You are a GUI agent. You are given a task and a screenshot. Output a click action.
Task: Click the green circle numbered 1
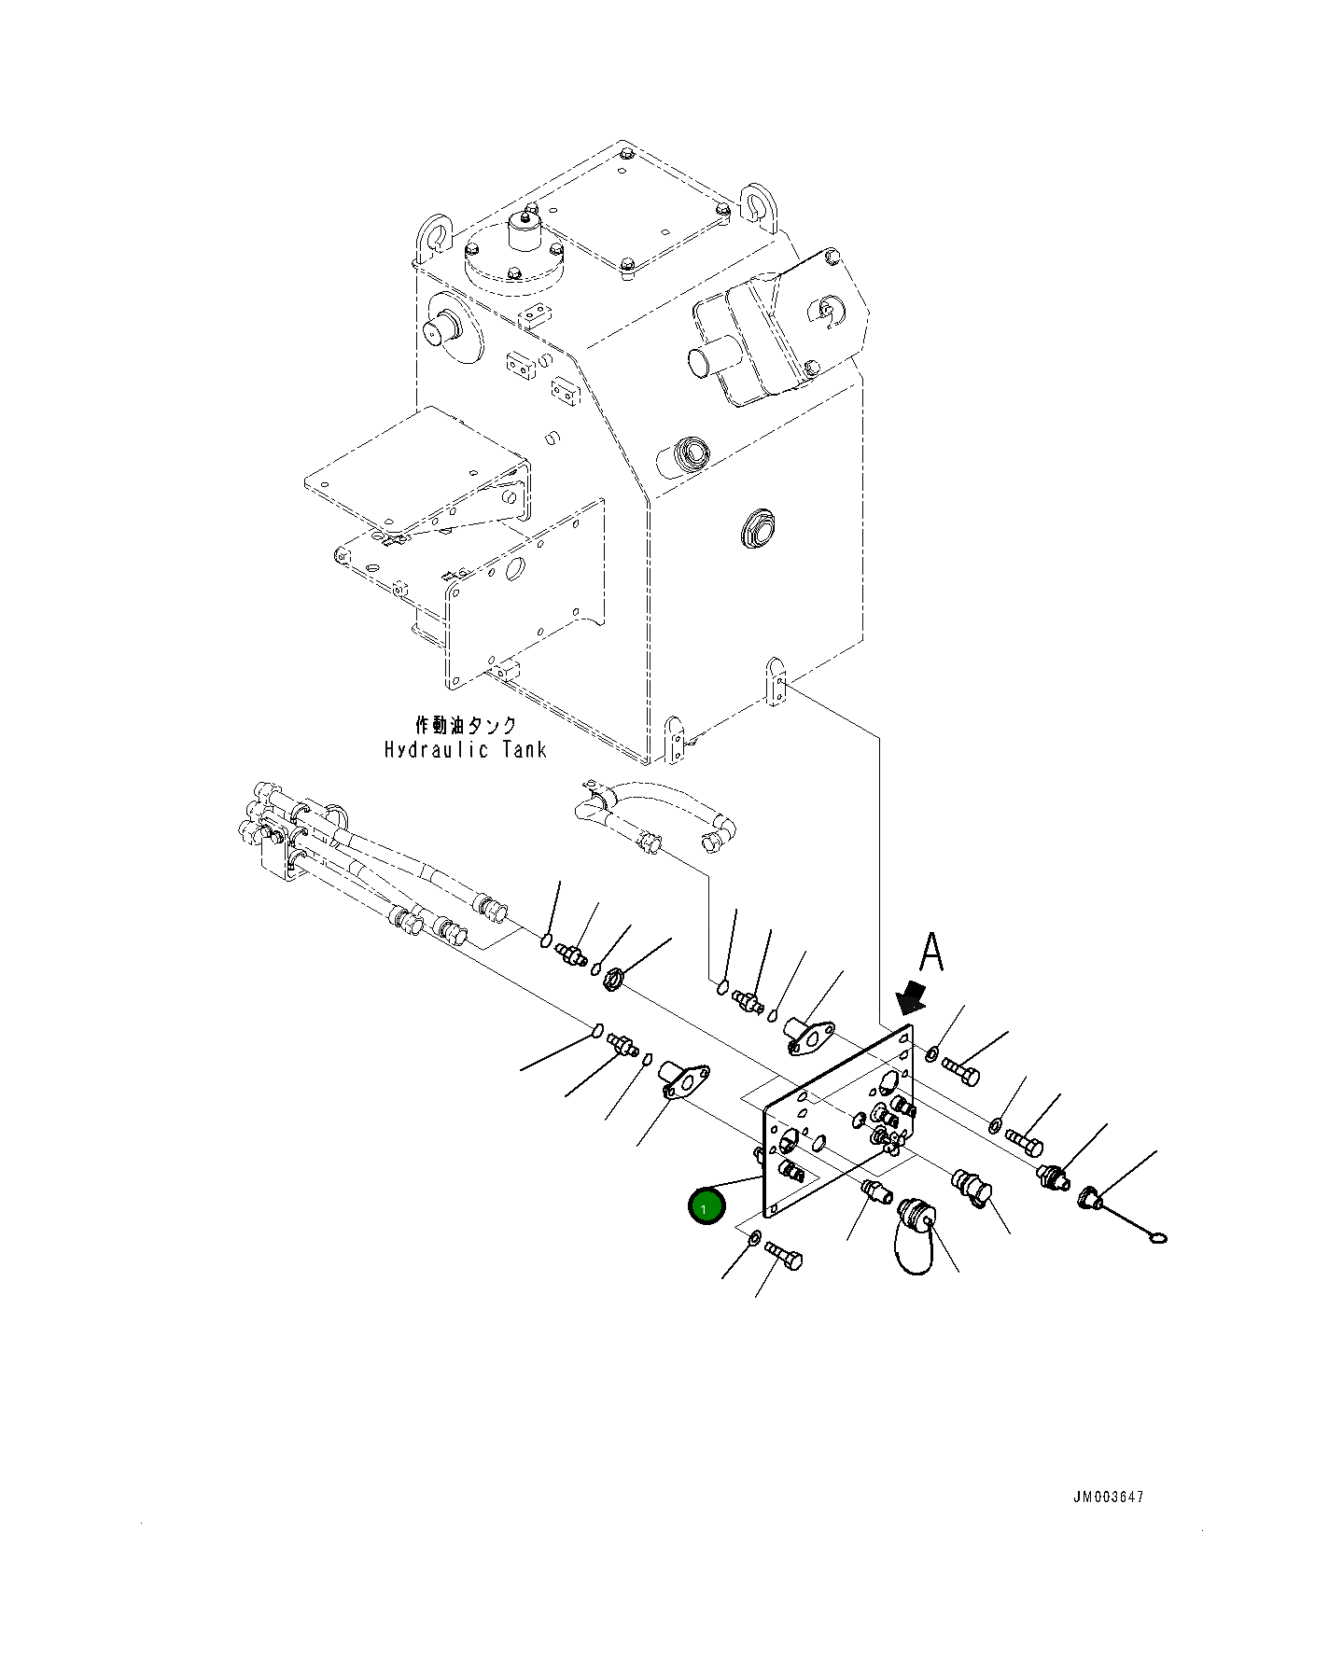point(706,1207)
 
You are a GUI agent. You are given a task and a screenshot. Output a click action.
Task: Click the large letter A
point(931,954)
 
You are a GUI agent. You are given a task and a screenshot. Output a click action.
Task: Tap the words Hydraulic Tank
point(465,748)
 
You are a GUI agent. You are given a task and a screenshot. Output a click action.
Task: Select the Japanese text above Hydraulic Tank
point(465,726)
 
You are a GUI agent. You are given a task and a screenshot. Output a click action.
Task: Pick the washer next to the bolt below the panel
point(753,1240)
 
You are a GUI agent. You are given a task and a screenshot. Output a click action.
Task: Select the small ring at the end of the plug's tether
point(1156,1239)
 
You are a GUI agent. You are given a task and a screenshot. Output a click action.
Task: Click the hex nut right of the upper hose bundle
point(612,981)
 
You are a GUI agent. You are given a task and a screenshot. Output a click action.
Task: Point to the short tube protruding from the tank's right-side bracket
point(706,359)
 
